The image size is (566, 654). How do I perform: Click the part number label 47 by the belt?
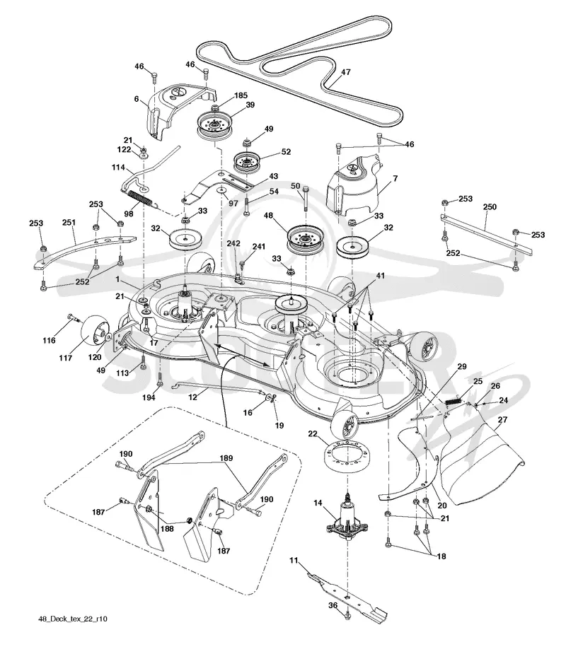[345, 72]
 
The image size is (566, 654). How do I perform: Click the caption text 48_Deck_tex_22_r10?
[73, 619]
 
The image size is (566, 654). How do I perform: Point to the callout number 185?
[241, 95]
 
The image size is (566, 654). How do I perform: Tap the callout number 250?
[490, 206]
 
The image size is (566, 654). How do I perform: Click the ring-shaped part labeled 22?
[347, 458]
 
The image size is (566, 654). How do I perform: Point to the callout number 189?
[226, 458]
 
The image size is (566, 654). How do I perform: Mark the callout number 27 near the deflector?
[503, 419]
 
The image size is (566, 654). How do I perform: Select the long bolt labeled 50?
[306, 202]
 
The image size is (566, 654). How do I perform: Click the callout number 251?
[69, 222]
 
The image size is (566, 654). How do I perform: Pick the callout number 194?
[149, 397]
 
